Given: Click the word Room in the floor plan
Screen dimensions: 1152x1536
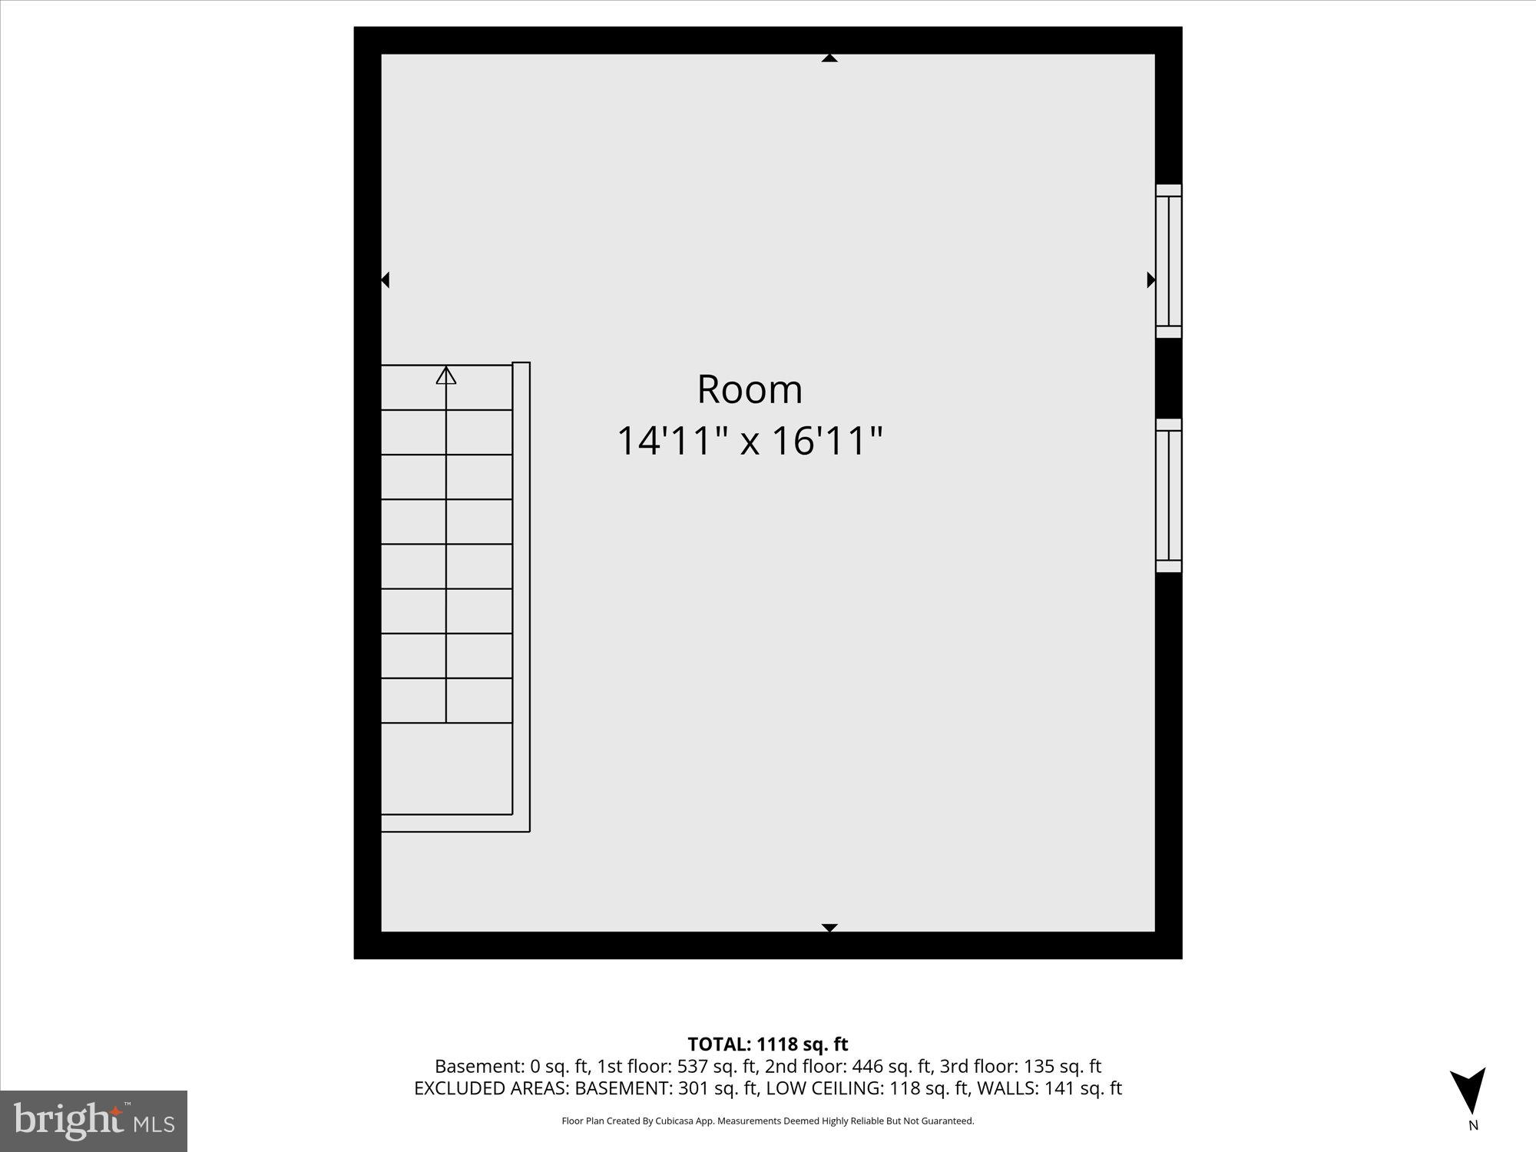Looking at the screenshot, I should coord(750,389).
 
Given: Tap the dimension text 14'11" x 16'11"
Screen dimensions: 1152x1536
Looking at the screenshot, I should coord(750,441).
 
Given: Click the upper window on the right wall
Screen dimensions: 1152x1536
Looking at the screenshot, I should coord(1168,261).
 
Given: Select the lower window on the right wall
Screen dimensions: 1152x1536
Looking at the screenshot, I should coord(1168,495).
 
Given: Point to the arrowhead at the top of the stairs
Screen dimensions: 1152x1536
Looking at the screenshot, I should coord(446,376).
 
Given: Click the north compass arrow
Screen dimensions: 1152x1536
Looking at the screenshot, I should coord(1468,1091).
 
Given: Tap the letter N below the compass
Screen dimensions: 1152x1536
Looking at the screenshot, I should coord(1473,1126).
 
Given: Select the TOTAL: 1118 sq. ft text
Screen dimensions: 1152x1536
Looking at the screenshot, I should coord(767,1044).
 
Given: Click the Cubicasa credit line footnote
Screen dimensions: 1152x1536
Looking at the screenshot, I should coord(767,1121).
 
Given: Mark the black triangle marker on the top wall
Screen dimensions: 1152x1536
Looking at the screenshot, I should coord(829,58).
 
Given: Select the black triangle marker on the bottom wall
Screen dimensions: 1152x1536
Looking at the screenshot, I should coord(829,927).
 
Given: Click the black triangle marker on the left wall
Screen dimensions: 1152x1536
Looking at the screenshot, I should coord(386,280).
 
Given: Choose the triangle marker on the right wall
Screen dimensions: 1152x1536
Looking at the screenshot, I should coord(1150,280).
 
